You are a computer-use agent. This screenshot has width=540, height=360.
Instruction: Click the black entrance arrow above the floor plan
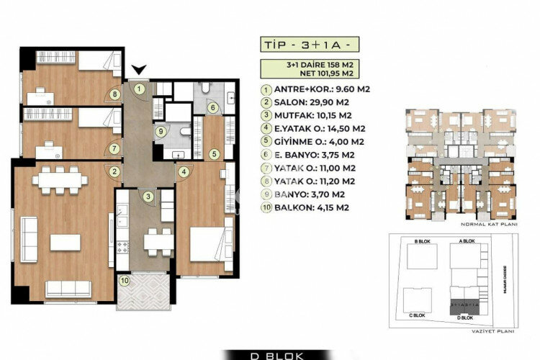[x=140, y=70]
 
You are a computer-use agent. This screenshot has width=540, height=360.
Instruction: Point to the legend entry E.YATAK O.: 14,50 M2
[x=317, y=129]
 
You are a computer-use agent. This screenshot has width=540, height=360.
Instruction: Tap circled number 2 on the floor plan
[x=113, y=171]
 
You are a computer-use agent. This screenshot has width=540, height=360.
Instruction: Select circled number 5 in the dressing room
[x=214, y=153]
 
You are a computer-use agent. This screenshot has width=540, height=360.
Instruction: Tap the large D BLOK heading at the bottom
[x=269, y=354]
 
